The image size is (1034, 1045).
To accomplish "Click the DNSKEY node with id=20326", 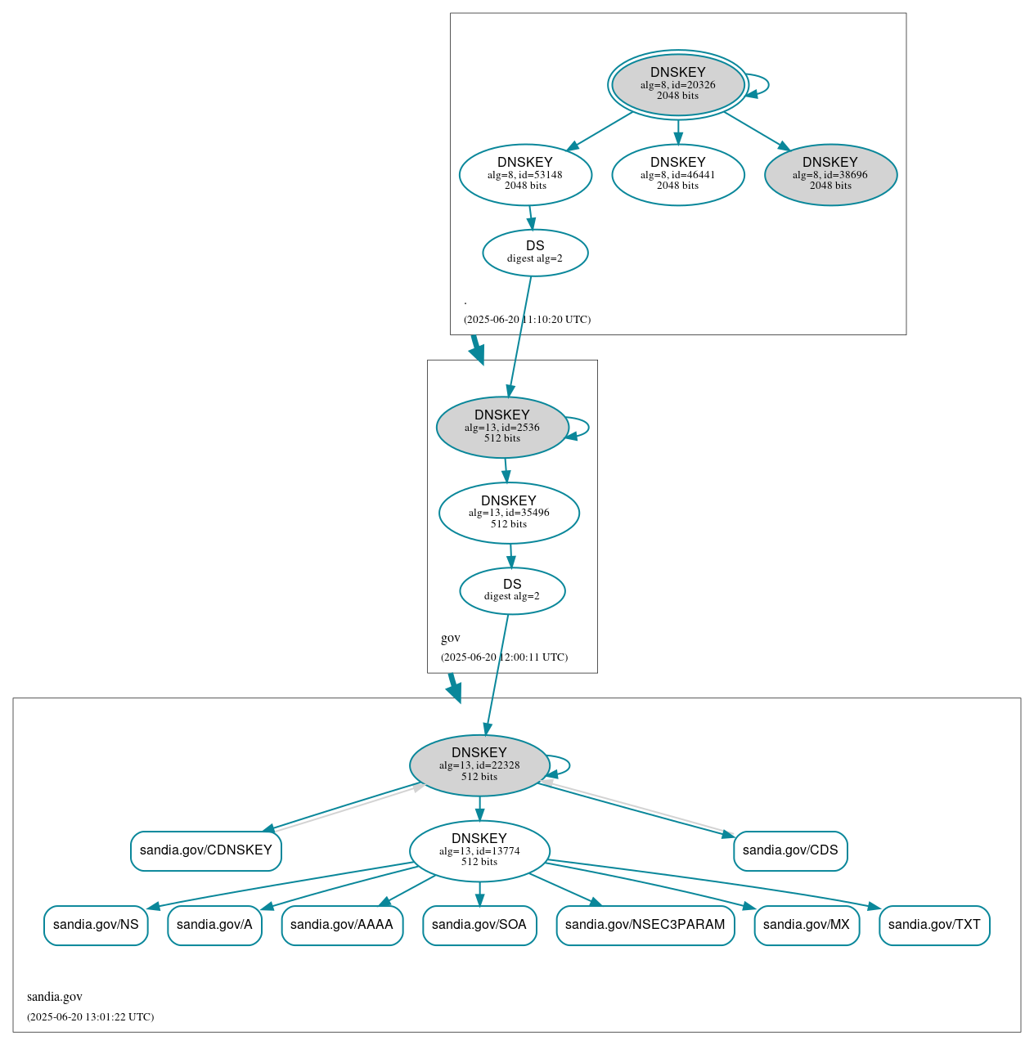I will pyautogui.click(x=677, y=84).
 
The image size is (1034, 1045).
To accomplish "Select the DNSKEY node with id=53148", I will pyautogui.click(x=525, y=174).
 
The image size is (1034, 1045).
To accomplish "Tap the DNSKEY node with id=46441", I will pyautogui.click(x=677, y=174).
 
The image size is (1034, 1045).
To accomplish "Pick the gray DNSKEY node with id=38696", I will pyautogui.click(x=830, y=174).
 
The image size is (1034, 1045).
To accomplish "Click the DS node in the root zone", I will pyautogui.click(x=535, y=252).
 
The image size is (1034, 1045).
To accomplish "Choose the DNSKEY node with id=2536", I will pyautogui.click(x=502, y=427).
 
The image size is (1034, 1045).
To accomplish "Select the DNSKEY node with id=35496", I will pyautogui.click(x=509, y=513).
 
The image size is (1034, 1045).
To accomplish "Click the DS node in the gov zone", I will pyautogui.click(x=512, y=590).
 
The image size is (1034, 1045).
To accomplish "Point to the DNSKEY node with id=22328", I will pyautogui.click(x=479, y=765).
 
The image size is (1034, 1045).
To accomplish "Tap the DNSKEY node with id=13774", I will pyautogui.click(x=479, y=850).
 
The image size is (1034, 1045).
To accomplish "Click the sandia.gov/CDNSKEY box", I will pyautogui.click(x=206, y=850).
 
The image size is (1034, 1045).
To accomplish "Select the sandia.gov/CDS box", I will pyautogui.click(x=790, y=850).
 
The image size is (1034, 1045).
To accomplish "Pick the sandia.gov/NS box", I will pyautogui.click(x=96, y=925).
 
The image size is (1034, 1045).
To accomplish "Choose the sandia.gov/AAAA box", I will pyautogui.click(x=342, y=925).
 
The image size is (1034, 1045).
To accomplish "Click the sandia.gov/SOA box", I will pyautogui.click(x=479, y=925).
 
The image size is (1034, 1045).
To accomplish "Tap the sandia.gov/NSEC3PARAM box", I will pyautogui.click(x=645, y=925).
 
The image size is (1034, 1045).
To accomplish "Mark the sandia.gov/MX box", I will pyautogui.click(x=807, y=925).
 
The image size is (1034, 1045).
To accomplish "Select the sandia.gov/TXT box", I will pyautogui.click(x=934, y=925).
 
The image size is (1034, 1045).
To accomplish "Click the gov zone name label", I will pyautogui.click(x=451, y=638).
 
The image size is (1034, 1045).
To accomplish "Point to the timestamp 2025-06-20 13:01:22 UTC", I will pyautogui.click(x=90, y=1017).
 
